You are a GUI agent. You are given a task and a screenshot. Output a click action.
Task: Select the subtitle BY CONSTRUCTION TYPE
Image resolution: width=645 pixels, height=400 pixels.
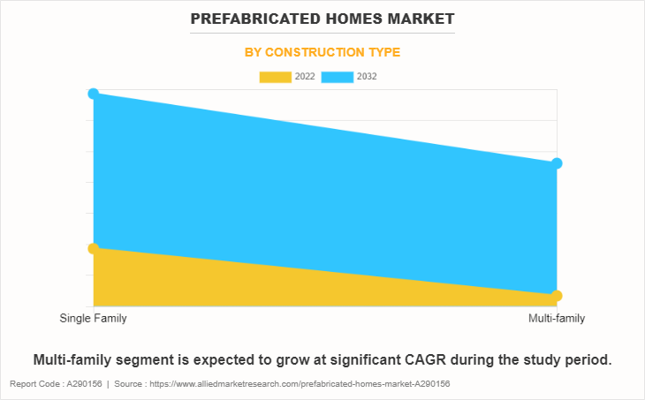pos(322,53)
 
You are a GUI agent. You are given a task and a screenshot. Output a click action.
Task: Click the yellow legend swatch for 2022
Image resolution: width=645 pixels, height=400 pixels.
pos(275,77)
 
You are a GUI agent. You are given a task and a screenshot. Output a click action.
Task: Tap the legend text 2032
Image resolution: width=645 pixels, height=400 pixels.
pos(368,77)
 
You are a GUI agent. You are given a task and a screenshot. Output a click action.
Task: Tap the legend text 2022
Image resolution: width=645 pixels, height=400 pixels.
pos(305,77)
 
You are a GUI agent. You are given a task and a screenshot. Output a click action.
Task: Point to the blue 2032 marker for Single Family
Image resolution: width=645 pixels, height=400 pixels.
pos(93,94)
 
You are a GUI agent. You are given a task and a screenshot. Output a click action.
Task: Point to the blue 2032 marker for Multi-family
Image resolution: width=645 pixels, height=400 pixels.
pos(557,163)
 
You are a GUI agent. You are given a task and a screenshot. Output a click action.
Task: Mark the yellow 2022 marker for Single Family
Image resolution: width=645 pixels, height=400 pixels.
pos(93,248)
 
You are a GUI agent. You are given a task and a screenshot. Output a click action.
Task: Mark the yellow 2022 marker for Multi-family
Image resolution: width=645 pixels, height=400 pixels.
pos(557,295)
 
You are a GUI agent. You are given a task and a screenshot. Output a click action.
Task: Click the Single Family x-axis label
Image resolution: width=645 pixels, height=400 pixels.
pos(93,318)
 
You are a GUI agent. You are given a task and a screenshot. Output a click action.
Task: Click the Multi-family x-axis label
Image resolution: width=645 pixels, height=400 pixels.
pos(557,318)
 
